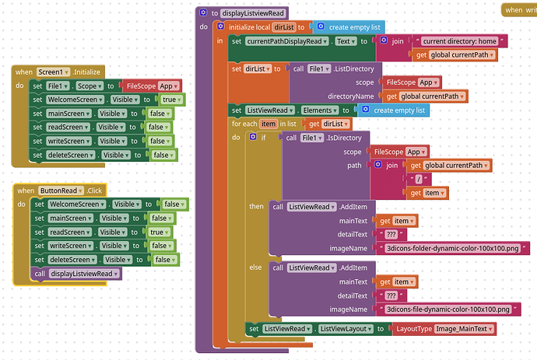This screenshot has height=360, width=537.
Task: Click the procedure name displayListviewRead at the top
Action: pos(253,13)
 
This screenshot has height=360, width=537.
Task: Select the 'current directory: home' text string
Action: pos(459,41)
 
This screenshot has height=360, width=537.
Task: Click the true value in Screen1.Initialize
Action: pos(171,100)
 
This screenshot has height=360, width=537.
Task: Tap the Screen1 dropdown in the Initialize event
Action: pos(53,72)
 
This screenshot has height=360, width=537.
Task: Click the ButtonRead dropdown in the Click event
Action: pos(61,190)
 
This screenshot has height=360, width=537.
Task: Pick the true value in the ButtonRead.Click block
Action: pos(160,232)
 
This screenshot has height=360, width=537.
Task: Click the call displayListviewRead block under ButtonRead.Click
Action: pos(76,274)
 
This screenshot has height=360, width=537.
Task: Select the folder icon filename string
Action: pos(453,249)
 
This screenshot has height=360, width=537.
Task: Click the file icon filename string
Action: pos(448,309)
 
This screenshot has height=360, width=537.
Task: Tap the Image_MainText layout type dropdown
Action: pos(464,329)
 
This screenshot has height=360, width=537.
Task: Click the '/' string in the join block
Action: pos(419,179)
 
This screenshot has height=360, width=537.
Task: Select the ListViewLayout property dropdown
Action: pos(346,329)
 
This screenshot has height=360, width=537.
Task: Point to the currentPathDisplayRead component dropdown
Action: pos(286,41)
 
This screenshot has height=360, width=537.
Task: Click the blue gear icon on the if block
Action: pos(253,137)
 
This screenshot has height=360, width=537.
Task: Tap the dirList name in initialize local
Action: pos(284,27)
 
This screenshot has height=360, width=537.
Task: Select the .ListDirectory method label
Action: pos(354,68)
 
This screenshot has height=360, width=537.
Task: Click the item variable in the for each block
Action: pos(268,124)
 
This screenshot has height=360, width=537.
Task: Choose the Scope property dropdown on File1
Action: pos(89,86)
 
